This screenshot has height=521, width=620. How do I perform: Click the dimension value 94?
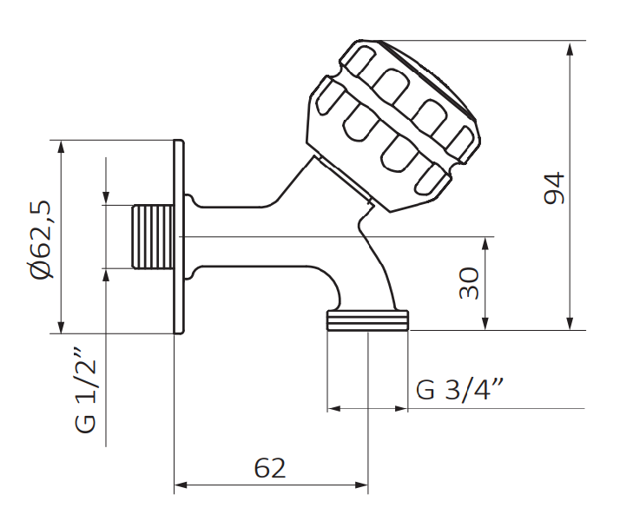pos(553,188)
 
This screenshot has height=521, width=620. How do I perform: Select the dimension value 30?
pos(470,283)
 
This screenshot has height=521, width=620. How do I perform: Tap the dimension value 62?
pos(270,468)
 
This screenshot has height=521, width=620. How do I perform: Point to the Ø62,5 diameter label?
pos(40,237)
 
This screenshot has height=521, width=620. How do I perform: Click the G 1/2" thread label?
pos(83,392)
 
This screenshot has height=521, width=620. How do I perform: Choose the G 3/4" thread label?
pos(461,389)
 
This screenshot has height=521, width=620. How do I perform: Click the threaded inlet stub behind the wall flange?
pos(152,236)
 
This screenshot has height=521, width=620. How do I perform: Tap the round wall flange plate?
pos(179,236)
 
